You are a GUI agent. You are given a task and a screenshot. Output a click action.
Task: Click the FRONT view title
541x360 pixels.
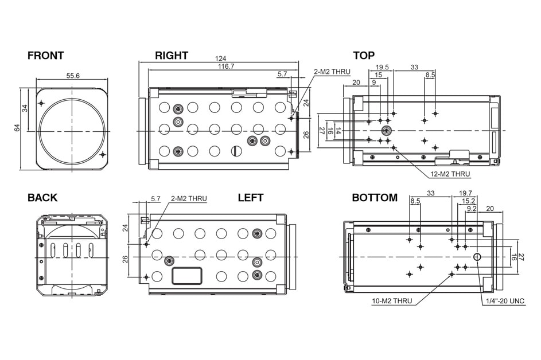point(45,56)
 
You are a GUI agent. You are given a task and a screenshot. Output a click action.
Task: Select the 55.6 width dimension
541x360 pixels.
point(73,76)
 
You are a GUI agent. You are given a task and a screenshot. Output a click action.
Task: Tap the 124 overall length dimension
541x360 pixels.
point(220,58)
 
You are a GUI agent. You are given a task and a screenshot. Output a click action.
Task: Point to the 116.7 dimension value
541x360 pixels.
point(226,66)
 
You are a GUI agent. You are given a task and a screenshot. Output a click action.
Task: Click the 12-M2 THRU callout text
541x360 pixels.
point(450,174)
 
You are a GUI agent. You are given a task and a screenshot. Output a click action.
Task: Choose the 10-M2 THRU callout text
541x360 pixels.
point(392,301)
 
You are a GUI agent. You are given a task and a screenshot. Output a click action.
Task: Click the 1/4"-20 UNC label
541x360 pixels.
point(505,301)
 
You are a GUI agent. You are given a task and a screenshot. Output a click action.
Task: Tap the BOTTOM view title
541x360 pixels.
point(375,198)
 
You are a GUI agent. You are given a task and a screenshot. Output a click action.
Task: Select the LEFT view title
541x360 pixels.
point(251,198)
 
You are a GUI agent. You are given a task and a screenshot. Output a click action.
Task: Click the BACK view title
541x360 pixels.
point(42,198)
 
